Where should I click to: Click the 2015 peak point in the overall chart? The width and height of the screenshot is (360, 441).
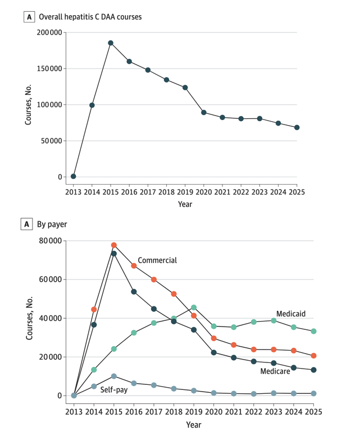111,43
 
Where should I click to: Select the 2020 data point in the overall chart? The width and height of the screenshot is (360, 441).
204,113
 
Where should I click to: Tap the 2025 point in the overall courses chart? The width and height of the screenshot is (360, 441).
297,127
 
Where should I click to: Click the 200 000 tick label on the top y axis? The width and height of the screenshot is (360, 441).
49,33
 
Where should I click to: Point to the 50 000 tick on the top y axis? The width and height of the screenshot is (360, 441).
52,141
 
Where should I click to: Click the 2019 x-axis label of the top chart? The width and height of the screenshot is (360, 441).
185,192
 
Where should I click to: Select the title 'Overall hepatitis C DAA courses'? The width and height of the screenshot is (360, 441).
90,17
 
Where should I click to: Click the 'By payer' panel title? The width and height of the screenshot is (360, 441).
52,224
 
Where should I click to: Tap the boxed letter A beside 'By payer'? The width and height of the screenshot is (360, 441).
27,224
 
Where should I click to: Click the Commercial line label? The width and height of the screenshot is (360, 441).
157,260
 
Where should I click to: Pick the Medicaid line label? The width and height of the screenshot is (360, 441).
291,314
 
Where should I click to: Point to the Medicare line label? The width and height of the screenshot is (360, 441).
275,371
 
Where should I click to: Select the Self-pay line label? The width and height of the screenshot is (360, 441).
114,390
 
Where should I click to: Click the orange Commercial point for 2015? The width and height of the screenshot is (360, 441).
114,245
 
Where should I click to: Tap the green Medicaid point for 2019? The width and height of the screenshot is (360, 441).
194,307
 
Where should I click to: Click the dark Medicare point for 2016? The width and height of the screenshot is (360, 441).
134,292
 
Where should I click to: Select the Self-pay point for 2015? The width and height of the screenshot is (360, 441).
114,376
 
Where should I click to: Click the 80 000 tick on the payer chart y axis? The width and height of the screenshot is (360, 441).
51,241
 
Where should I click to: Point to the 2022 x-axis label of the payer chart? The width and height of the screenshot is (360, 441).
254,412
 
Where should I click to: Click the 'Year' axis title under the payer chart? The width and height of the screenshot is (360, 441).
194,425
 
